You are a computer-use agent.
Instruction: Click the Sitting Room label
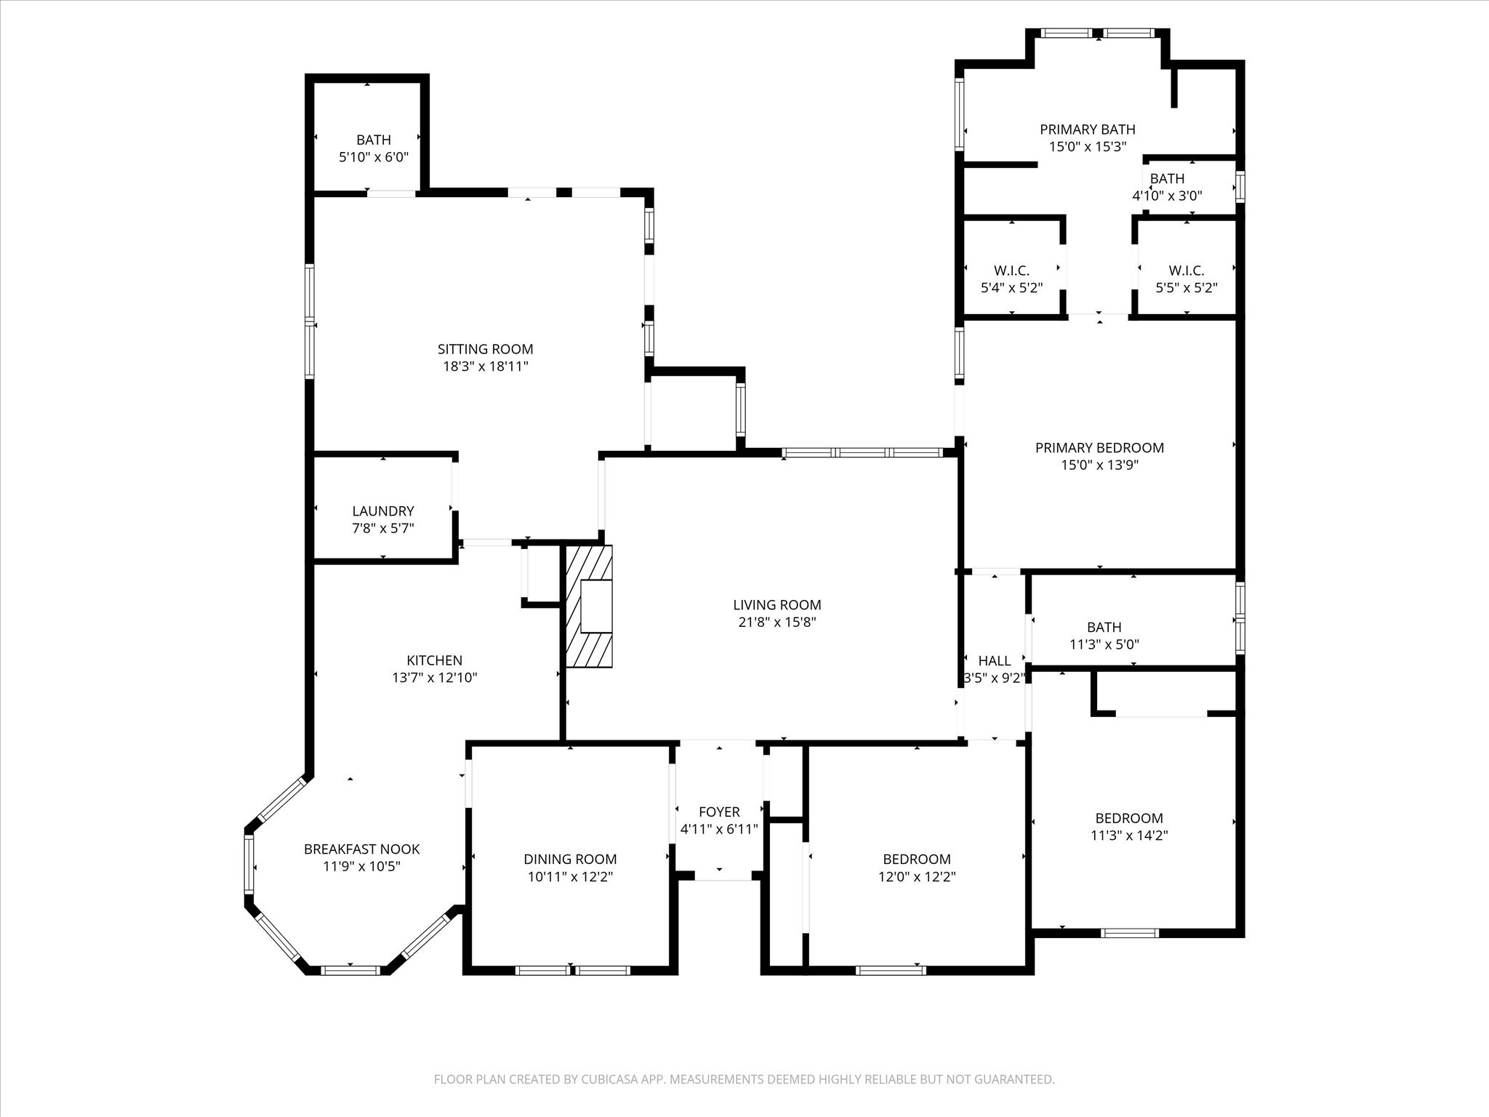pos(485,349)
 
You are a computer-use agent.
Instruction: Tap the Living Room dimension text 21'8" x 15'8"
pos(777,622)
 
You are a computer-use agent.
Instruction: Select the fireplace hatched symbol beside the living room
pos(590,606)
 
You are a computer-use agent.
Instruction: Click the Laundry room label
pos(383,511)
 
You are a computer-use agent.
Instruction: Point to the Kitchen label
pos(434,660)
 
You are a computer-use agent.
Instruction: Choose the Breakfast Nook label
pos(361,849)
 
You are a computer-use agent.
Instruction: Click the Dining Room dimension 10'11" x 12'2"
pos(570,877)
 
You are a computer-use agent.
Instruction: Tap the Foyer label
pos(719,812)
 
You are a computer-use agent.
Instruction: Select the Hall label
pos(994,660)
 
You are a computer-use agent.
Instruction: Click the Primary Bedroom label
pos(1099,448)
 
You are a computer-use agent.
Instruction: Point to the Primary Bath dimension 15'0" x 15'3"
pos(1088,146)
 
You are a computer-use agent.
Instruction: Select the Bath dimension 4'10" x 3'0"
pos(1167,196)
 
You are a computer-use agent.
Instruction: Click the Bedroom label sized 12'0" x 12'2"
pos(917,859)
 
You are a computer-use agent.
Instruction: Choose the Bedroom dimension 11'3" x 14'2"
pos(1129,836)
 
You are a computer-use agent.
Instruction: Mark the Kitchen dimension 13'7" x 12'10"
pos(434,678)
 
